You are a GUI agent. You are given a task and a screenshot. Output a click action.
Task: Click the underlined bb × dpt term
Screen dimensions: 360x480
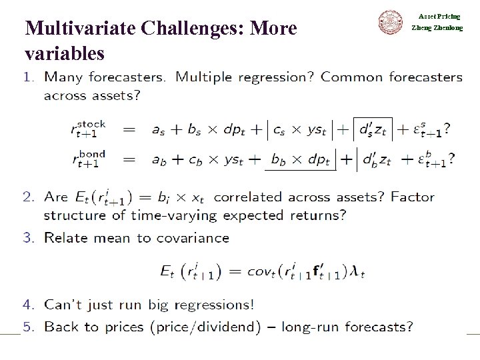[299, 161]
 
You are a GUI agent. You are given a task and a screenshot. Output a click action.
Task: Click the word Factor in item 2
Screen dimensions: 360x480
[413, 197]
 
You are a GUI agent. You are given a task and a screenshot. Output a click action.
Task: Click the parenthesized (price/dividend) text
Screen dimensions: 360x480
[211, 327]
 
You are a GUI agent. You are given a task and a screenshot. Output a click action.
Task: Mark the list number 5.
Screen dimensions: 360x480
[27, 327]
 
